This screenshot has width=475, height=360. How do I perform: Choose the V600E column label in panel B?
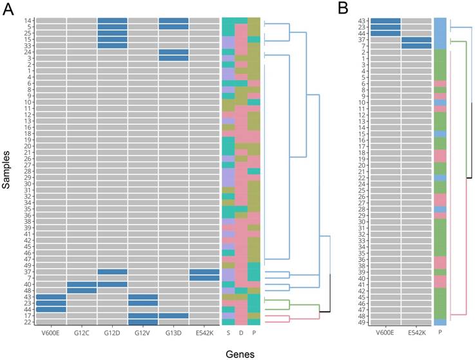(384, 334)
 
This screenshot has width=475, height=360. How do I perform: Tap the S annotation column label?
(228, 334)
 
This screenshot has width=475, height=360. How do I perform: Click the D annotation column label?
(240, 334)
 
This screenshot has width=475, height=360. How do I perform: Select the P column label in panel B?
(440, 334)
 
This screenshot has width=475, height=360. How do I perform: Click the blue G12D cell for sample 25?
(112, 33)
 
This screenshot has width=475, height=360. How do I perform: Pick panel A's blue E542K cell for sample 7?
(205, 278)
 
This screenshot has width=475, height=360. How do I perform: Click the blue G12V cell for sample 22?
(143, 322)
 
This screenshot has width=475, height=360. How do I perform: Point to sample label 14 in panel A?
(30, 21)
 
